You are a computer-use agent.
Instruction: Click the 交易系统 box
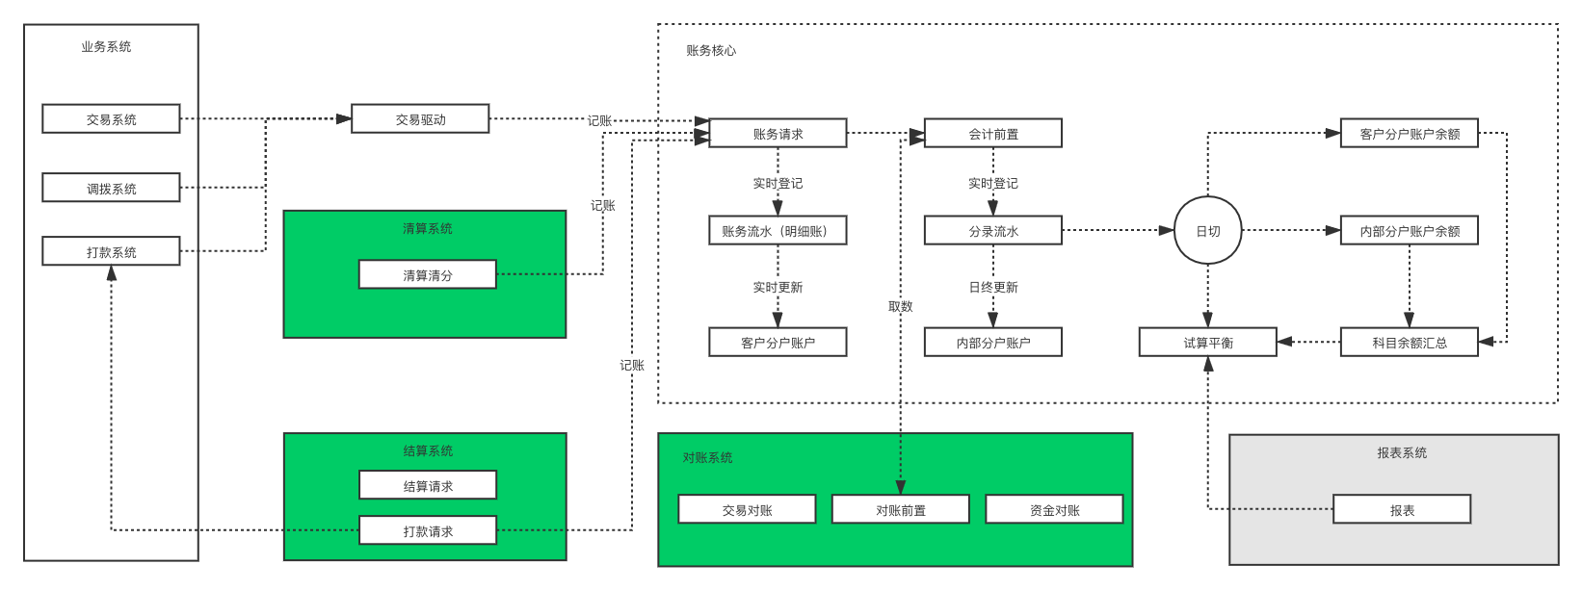coord(111,119)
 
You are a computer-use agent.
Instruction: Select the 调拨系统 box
coord(111,188)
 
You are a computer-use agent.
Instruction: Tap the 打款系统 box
coord(111,251)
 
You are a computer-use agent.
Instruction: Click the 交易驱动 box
coord(420,119)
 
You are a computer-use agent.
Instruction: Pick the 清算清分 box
coord(427,274)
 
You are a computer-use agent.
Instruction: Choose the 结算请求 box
coord(427,485)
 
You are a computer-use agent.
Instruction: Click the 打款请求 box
coord(427,530)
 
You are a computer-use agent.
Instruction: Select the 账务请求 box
coord(778,134)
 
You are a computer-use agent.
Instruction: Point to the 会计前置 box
coord(992,134)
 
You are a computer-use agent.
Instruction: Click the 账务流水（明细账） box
coord(778,231)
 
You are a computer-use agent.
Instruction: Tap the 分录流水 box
coord(992,231)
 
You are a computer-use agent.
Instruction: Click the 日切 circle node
coord(1207,231)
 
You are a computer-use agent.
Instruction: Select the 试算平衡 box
coord(1207,343)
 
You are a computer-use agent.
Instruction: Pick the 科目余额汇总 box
coord(1409,343)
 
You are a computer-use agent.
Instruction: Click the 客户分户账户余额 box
coord(1409,134)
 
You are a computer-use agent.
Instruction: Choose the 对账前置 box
coord(900,509)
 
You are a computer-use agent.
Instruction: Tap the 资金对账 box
coord(1054,509)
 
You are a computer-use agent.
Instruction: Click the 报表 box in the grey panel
coord(1402,509)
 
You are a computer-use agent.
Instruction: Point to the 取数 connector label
coord(900,306)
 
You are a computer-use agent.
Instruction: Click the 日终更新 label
coord(992,287)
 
